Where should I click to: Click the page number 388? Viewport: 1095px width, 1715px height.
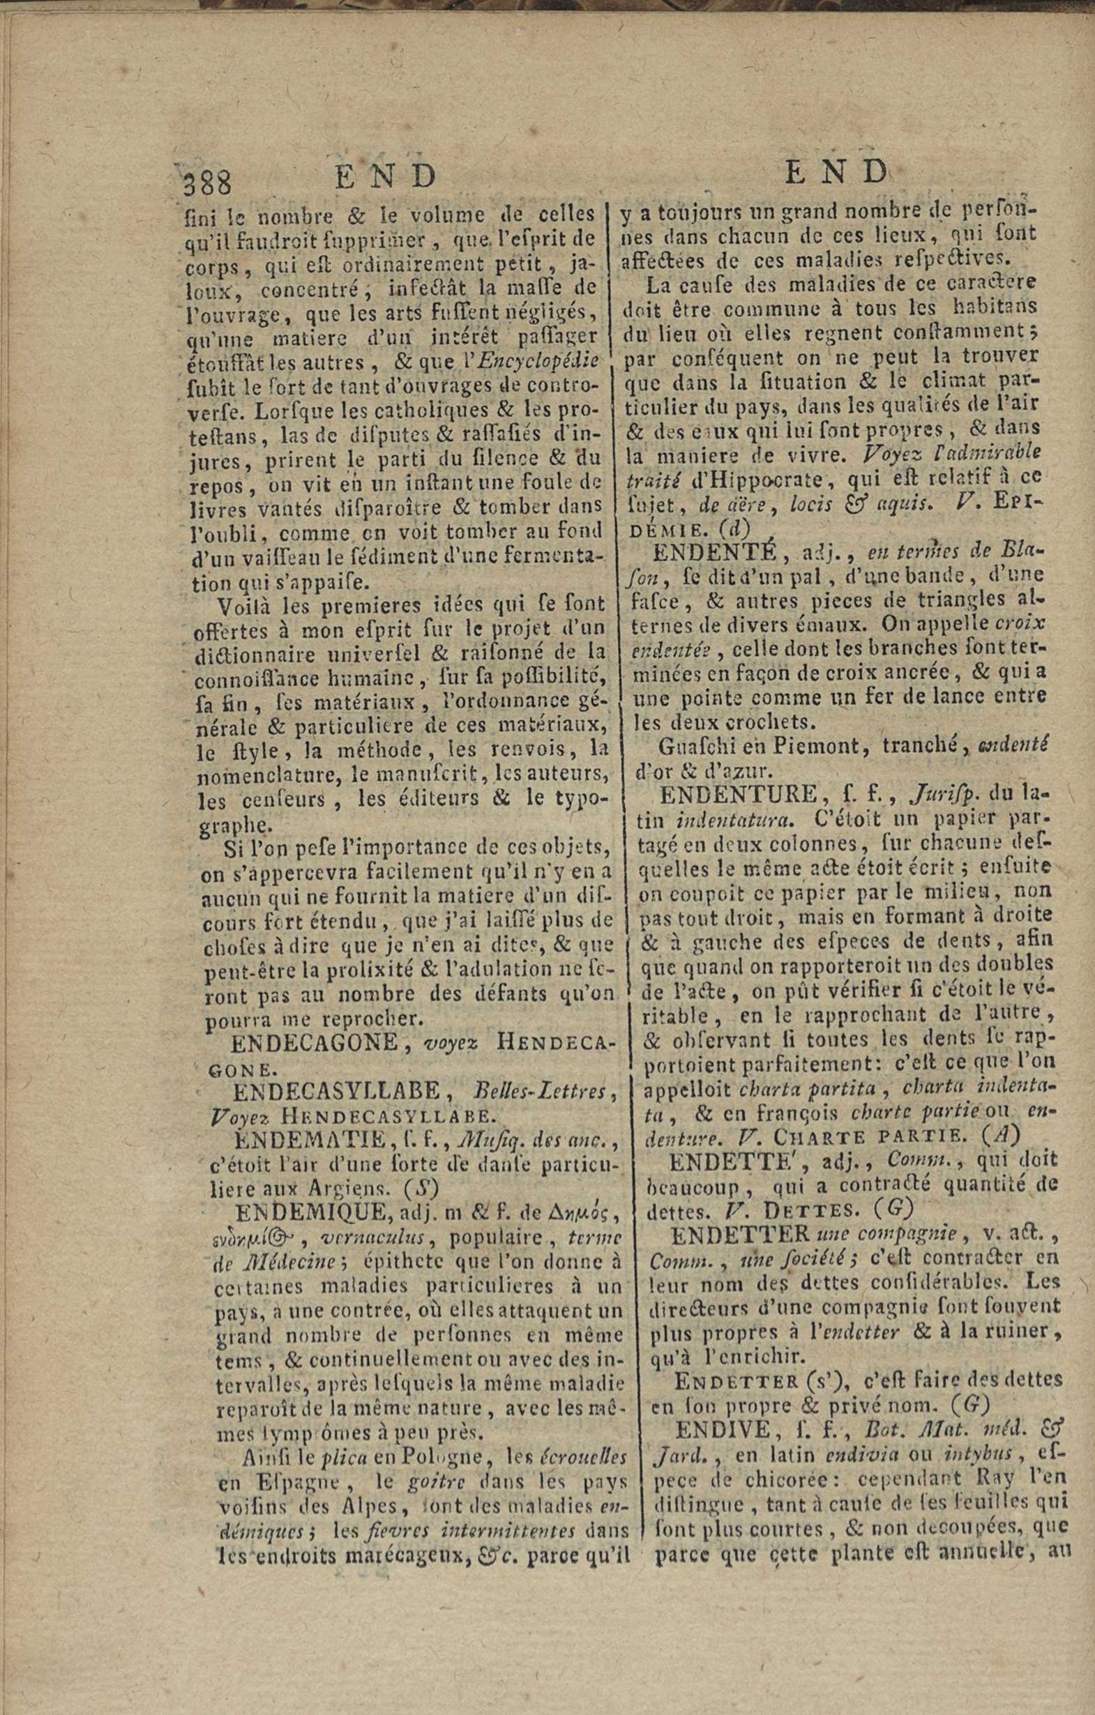[x=208, y=185]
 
